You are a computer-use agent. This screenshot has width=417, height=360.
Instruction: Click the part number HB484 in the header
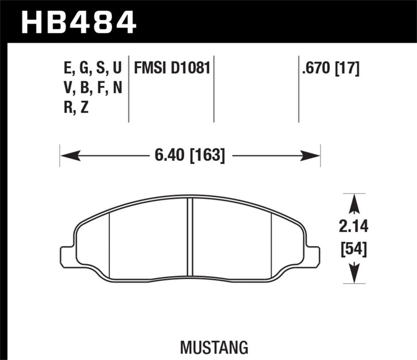(78, 22)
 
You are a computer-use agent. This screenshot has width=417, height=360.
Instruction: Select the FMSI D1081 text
(172, 68)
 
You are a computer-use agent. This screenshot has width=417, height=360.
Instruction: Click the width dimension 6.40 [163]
(190, 155)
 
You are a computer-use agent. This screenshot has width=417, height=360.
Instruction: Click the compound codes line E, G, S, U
(92, 69)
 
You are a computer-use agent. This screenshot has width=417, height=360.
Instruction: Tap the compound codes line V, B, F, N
(92, 89)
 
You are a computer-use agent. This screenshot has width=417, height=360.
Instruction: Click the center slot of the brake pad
(190, 240)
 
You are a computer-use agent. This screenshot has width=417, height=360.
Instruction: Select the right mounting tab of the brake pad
(312, 255)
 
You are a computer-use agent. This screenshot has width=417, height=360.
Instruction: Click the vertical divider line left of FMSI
(129, 89)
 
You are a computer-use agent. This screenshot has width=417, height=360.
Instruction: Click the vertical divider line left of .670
(299, 89)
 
